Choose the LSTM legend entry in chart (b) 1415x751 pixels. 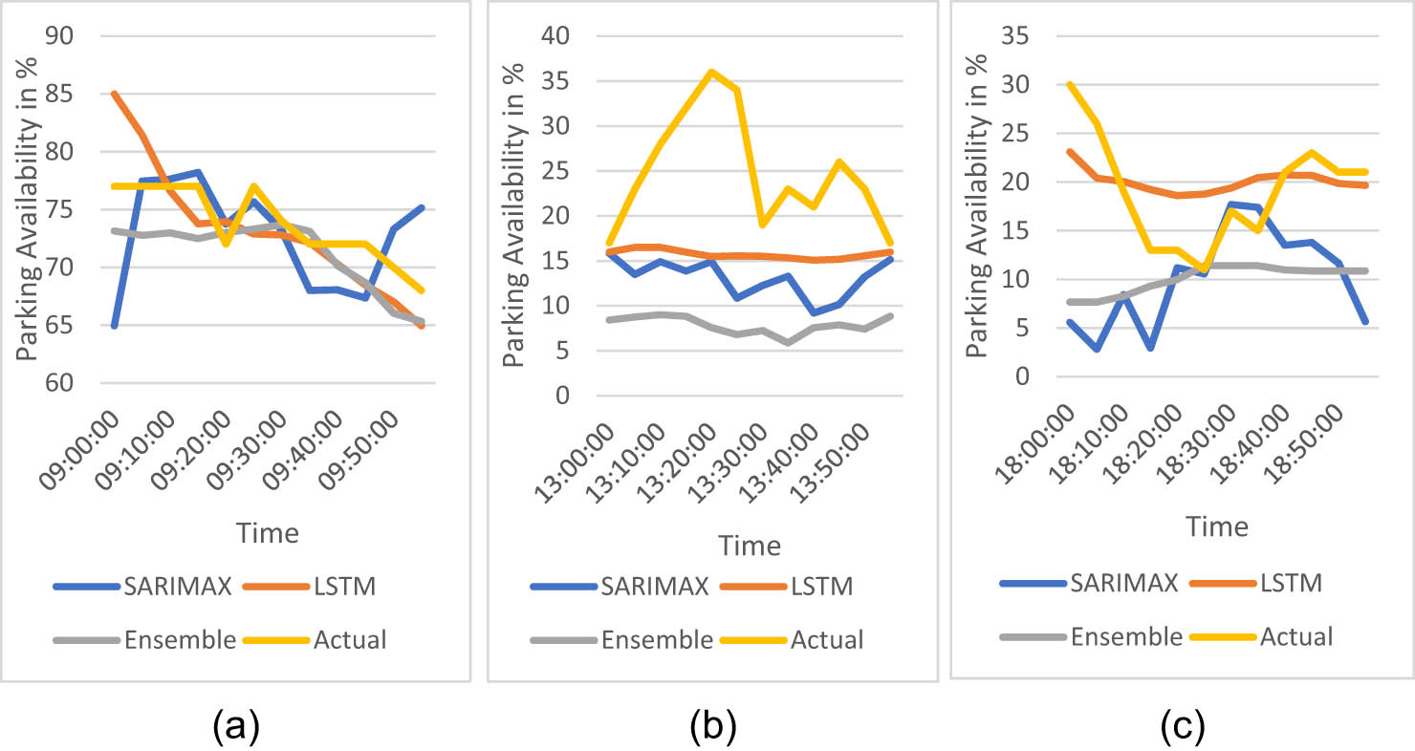click(820, 586)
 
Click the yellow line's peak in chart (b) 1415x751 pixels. click(710, 72)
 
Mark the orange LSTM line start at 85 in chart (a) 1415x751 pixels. click(114, 94)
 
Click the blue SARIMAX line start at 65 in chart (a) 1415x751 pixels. click(114, 326)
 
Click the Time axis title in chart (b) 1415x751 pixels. click(751, 546)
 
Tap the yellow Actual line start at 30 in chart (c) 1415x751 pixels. click(1071, 84)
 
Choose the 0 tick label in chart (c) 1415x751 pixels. click(1025, 376)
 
